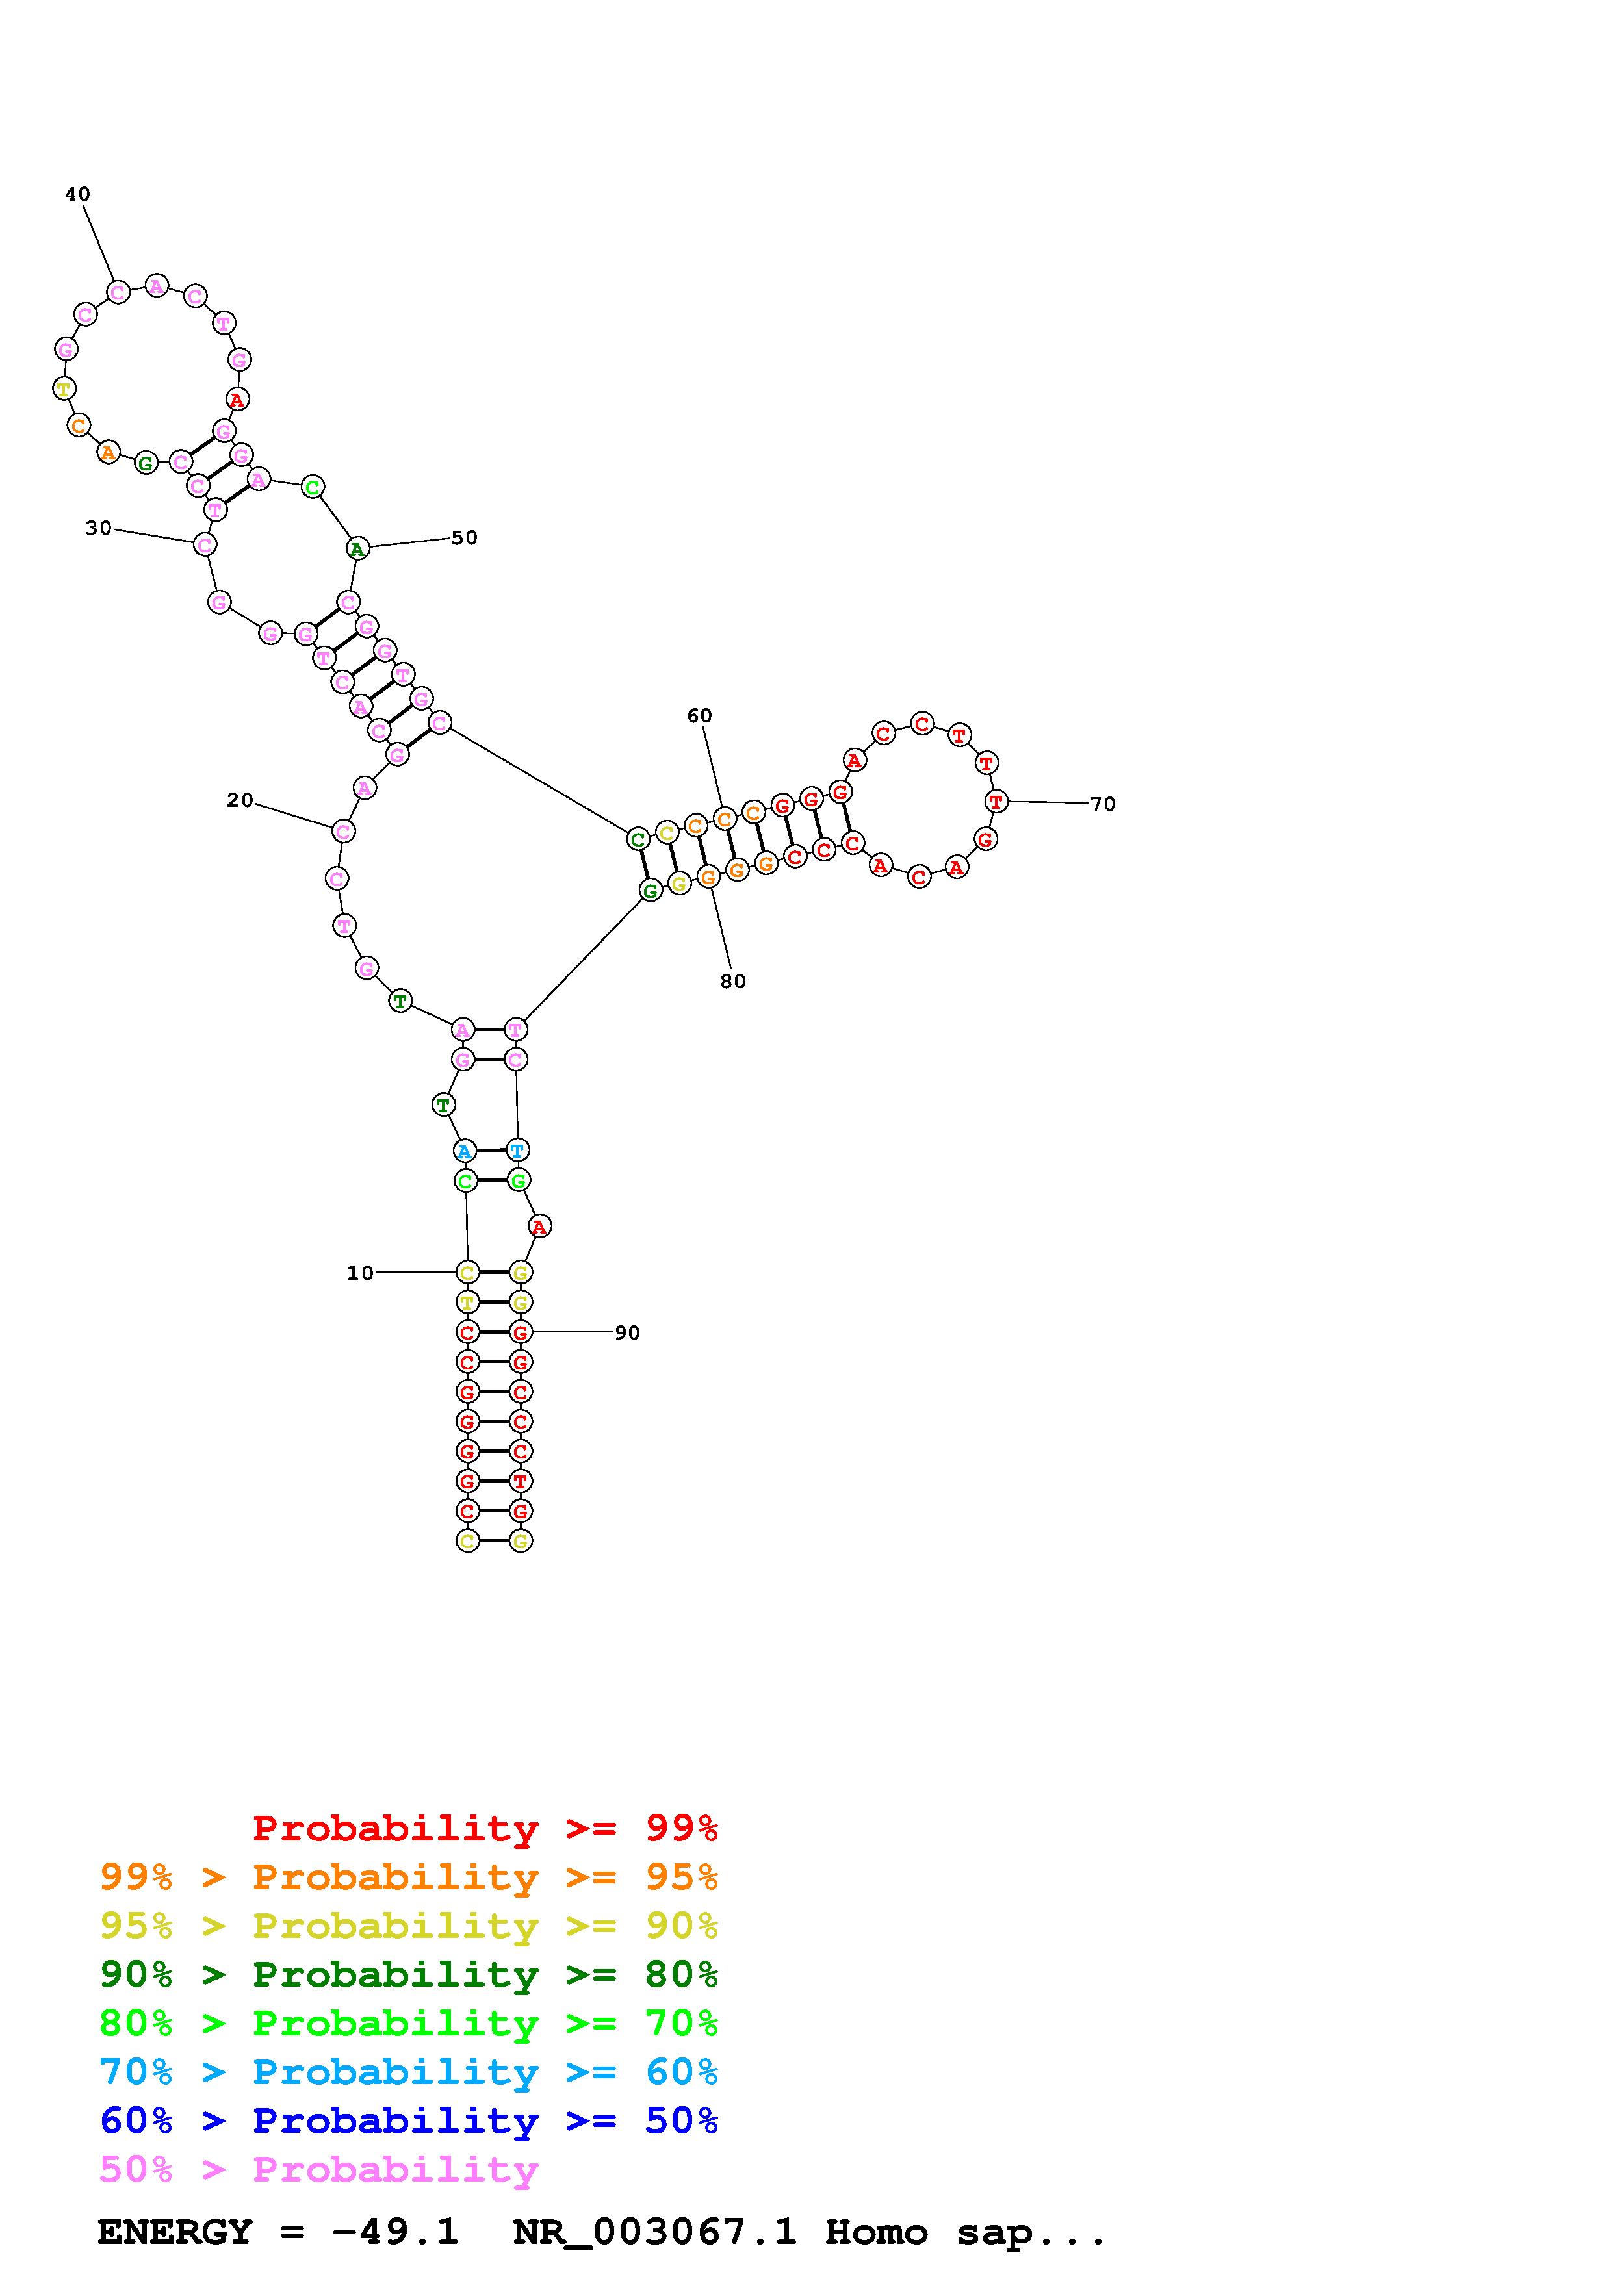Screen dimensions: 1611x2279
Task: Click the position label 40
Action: click(77, 194)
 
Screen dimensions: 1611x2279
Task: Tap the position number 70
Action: click(1103, 804)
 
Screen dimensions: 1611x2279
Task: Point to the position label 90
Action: click(627, 1333)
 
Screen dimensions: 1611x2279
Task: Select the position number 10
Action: click(360, 1273)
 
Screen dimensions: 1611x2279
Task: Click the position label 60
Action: click(700, 716)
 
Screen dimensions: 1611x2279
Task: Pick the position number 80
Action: click(732, 982)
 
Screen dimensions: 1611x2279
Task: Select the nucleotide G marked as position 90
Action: click(520, 1332)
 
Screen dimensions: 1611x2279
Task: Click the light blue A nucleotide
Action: click(463, 1151)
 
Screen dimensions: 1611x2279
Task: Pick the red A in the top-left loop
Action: click(237, 400)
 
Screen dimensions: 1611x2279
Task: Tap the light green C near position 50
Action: click(313, 487)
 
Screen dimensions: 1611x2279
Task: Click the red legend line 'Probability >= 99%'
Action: click(485, 1828)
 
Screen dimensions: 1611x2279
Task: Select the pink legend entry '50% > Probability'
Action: click(318, 2170)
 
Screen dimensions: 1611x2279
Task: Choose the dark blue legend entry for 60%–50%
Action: click(409, 2121)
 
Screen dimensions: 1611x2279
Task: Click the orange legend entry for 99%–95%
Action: click(409, 1877)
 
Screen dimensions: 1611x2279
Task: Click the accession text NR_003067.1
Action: click(654, 2232)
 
